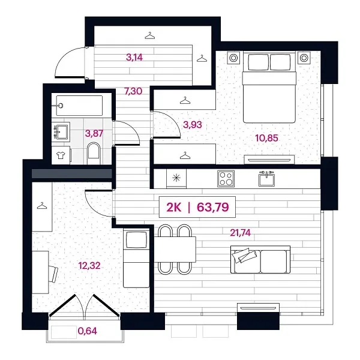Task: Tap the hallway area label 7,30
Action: click(x=133, y=92)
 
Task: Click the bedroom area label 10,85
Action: click(x=266, y=138)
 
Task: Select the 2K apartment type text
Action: click(x=174, y=208)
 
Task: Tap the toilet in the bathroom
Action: click(x=94, y=151)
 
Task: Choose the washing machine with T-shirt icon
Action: click(x=61, y=154)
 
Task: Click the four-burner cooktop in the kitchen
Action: click(x=226, y=178)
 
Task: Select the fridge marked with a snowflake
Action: click(x=176, y=178)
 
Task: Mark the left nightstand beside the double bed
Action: click(x=233, y=58)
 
